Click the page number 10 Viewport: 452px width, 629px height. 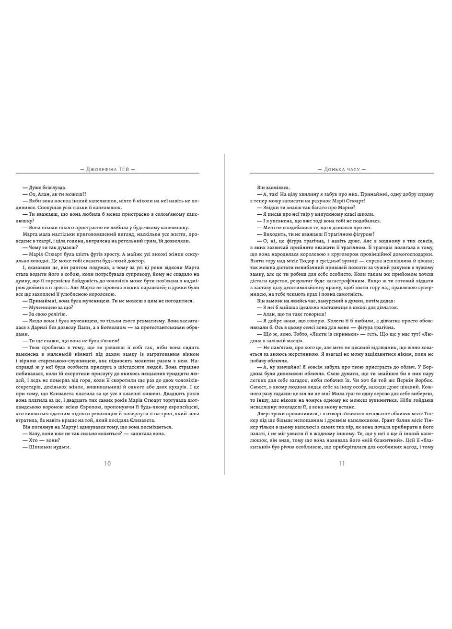tap(107, 463)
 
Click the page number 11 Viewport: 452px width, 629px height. tap(342, 463)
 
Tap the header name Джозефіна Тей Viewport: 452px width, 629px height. tap(107, 169)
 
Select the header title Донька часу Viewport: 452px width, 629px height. tap(342, 169)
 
